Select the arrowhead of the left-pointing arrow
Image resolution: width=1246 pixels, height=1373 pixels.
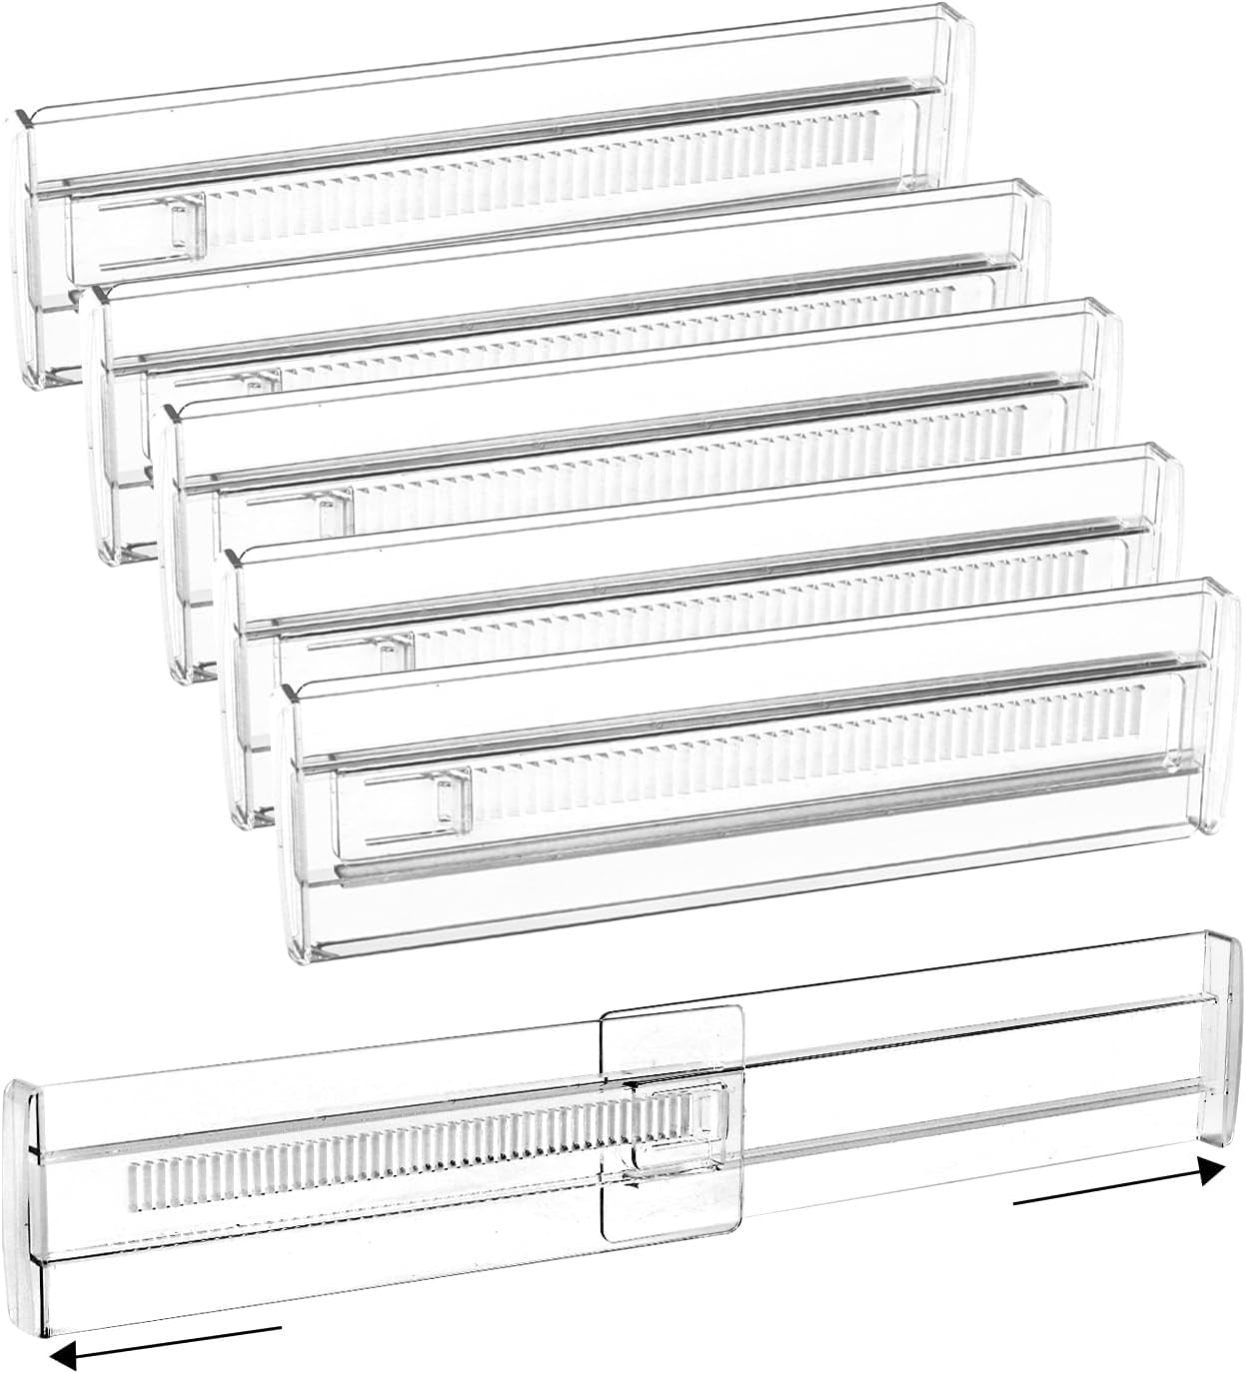click(x=62, y=1353)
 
